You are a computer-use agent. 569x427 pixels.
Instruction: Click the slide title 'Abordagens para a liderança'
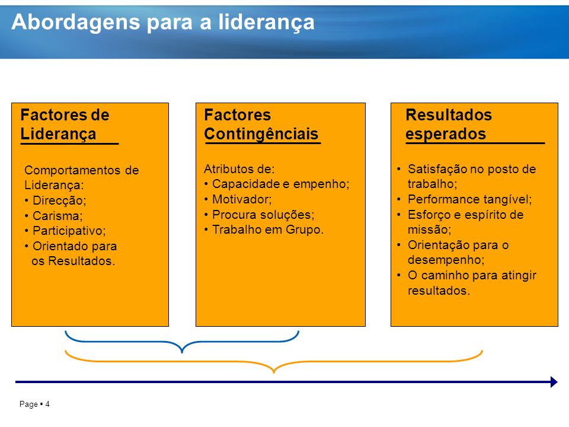tap(163, 23)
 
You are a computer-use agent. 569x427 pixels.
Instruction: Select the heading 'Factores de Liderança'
tap(65, 124)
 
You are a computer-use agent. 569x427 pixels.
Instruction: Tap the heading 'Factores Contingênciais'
tap(261, 124)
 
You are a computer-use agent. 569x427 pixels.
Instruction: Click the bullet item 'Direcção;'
tap(59, 200)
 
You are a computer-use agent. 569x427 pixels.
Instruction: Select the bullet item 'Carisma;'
tap(57, 216)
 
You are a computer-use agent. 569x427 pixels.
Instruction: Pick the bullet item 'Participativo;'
tap(69, 231)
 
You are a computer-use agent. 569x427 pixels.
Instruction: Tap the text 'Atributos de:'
tap(239, 169)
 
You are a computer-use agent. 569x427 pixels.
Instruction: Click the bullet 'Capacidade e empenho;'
tap(280, 184)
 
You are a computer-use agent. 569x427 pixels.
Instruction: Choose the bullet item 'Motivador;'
tap(242, 199)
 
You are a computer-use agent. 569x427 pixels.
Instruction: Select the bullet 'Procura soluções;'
tap(263, 215)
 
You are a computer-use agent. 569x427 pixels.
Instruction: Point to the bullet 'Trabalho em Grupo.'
tap(268, 230)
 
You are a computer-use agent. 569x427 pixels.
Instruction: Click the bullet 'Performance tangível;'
tap(469, 199)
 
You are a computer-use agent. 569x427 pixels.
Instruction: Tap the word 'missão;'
tap(429, 230)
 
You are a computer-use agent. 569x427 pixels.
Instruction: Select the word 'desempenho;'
tap(446, 260)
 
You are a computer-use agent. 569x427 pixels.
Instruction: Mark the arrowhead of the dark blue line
tap(554, 382)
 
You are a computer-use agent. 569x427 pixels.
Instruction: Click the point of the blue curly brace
tap(182, 352)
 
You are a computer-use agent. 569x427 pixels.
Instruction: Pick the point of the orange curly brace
tap(274, 372)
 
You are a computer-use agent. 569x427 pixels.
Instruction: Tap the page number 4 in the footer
tap(47, 404)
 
